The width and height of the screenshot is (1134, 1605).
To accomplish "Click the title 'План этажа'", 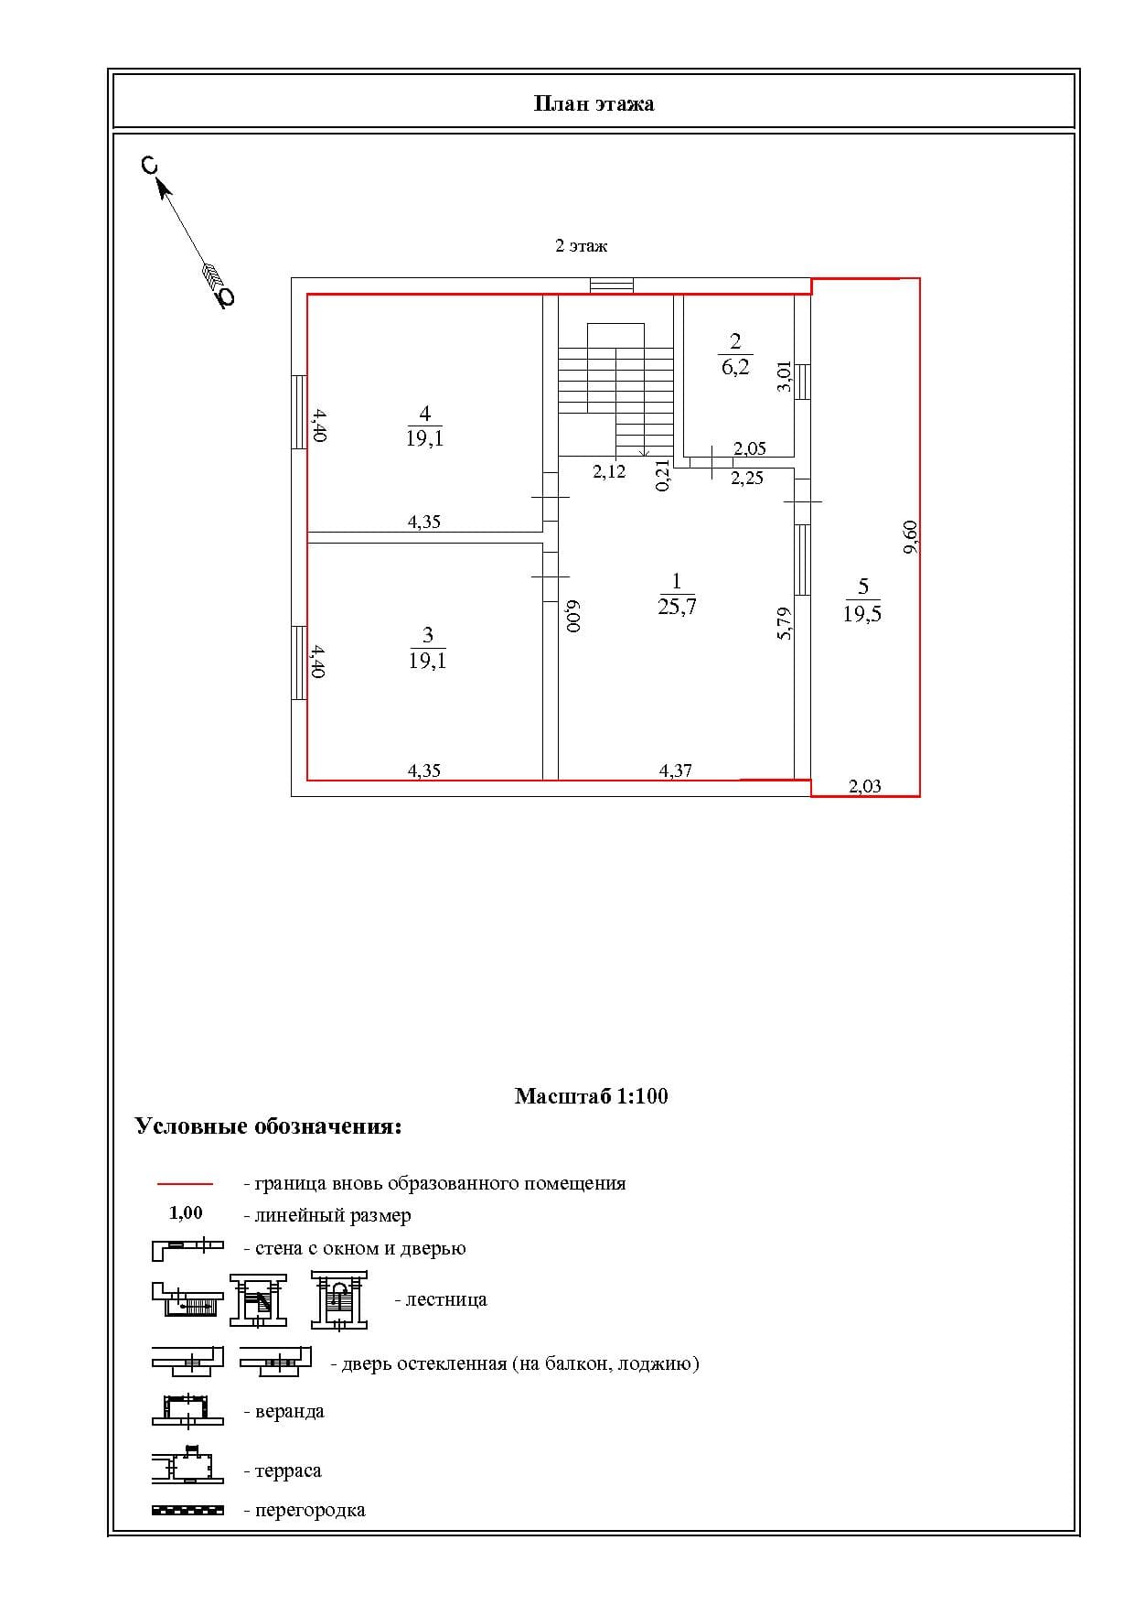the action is click(594, 103).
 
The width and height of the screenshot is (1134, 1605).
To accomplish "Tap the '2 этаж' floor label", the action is click(582, 246).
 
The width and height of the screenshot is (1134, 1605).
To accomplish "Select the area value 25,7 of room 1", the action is click(677, 606).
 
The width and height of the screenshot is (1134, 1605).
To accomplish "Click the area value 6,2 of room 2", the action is click(735, 368).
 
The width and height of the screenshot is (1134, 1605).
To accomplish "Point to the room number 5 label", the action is click(863, 587).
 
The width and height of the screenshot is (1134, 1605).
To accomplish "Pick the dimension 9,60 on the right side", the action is click(910, 537).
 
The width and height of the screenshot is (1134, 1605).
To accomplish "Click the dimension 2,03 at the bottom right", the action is click(865, 786).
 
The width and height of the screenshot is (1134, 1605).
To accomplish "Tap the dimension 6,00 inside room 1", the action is click(572, 617).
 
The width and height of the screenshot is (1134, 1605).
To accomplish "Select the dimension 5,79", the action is click(784, 624).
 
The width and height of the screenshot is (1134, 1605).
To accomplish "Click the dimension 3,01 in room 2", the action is click(784, 377).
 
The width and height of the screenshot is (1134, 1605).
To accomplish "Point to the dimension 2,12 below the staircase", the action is click(609, 471).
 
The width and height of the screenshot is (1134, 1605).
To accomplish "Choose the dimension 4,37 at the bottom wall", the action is click(676, 770).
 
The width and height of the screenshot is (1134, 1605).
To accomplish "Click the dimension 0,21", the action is click(663, 476).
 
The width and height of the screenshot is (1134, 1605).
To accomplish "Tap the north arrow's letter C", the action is click(149, 166).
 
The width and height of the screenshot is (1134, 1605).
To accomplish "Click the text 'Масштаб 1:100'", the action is click(592, 1096).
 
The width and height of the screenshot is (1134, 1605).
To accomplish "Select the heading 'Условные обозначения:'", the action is click(269, 1126).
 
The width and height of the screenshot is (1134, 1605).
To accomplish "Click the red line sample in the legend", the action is click(186, 1183).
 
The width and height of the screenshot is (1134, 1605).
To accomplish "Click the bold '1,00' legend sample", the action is click(186, 1213).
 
